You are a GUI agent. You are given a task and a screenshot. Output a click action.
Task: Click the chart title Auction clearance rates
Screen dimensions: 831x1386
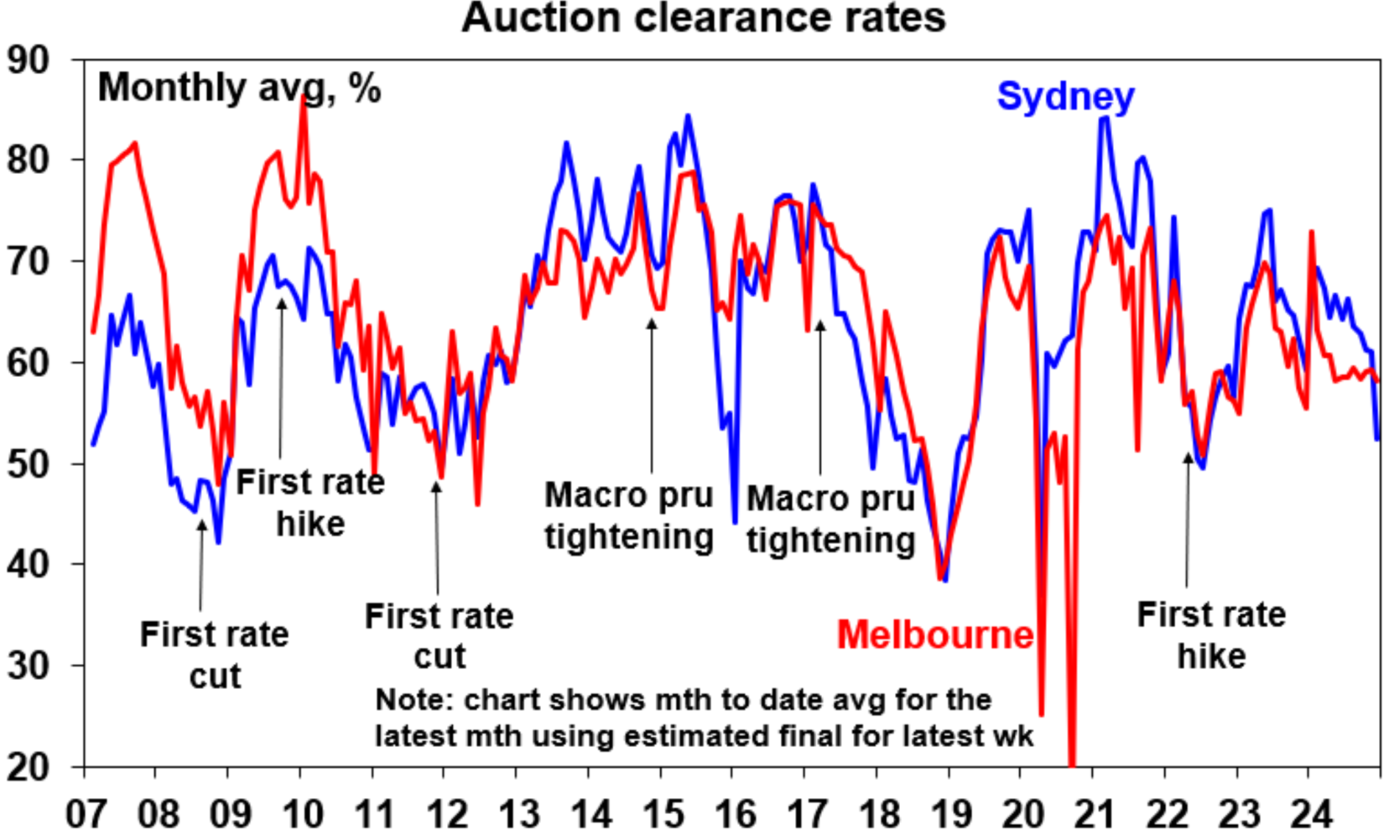point(704,18)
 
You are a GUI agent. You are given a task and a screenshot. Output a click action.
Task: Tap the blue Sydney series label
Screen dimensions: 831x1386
point(1065,96)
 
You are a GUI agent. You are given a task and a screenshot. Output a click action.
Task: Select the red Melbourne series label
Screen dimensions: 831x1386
point(935,634)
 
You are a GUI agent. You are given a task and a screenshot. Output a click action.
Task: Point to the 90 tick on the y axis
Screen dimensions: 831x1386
point(29,60)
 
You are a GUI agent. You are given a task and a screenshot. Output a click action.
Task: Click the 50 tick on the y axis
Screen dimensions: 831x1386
point(29,464)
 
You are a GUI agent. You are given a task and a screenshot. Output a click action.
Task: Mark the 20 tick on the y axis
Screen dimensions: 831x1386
point(29,767)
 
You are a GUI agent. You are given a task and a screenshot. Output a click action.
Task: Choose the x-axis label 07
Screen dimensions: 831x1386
point(85,813)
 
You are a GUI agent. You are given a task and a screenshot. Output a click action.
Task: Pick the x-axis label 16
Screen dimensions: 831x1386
point(735,813)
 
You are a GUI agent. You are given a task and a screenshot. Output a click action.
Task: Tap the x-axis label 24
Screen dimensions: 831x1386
point(1311,813)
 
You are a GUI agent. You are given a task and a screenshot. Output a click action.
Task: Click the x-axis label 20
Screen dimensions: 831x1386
point(1023,813)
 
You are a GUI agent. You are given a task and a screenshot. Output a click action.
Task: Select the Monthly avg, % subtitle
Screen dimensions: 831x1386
point(239,88)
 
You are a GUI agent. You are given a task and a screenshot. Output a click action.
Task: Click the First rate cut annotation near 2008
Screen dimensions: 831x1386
point(214,655)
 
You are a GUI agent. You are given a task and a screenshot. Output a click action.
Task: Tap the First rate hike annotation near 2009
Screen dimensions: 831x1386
point(310,503)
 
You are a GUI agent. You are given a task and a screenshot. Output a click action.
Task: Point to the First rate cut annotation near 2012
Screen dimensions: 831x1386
point(439,635)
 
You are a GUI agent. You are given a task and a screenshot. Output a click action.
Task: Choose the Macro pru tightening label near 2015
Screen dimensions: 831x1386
point(628,515)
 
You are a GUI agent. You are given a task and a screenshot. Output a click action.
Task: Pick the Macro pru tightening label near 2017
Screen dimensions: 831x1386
point(830,518)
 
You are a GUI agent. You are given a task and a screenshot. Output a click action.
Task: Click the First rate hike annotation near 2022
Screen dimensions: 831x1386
point(1211,635)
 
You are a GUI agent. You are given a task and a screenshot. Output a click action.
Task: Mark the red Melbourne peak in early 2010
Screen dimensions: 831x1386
point(304,98)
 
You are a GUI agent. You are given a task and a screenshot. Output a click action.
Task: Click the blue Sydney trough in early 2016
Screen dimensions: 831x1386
point(735,523)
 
